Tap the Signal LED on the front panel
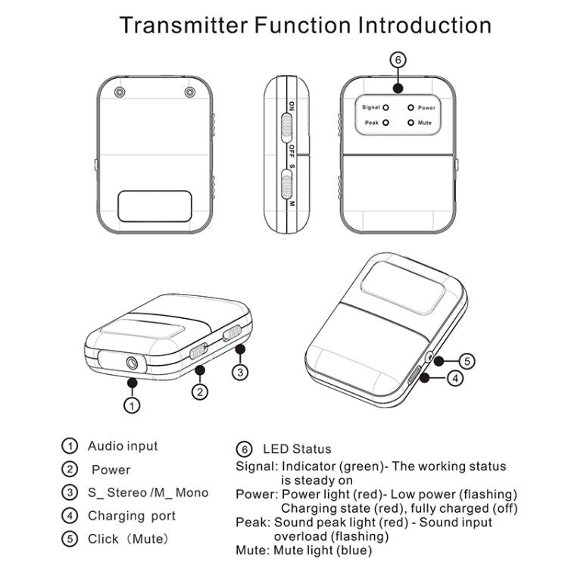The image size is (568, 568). click(385, 108)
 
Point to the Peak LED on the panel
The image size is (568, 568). click(385, 122)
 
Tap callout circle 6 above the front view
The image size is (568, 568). click(398, 60)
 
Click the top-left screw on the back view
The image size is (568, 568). click(119, 92)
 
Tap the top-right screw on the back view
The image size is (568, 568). click(189, 92)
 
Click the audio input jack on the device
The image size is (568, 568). click(134, 363)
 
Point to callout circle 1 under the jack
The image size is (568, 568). click(132, 405)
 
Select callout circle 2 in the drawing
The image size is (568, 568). click(200, 392)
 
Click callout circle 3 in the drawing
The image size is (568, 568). click(239, 372)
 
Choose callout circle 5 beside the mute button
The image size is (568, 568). click(468, 361)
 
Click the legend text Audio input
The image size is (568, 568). click(123, 446)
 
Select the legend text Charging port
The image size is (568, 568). click(131, 516)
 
